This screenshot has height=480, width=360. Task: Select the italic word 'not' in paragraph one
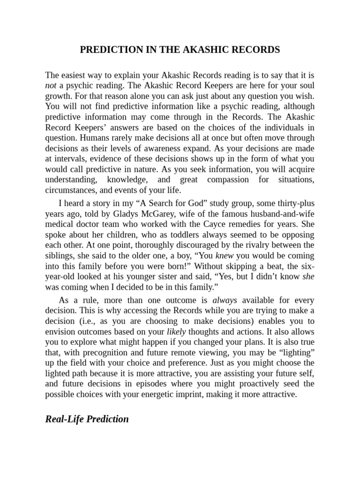(x=51, y=85)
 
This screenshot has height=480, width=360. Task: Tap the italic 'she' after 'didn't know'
(x=308, y=277)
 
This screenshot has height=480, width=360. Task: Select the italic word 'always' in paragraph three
(x=225, y=300)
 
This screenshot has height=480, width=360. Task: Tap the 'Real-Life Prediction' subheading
(x=87, y=419)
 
